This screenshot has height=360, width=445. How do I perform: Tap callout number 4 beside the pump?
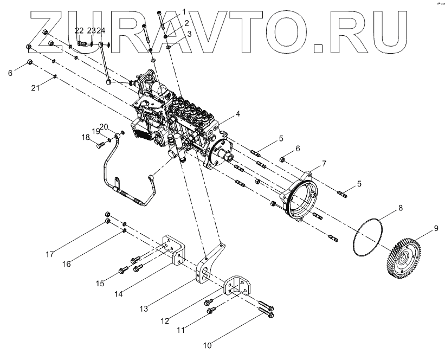click(x=237, y=114)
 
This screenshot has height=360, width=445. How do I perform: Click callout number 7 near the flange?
click(x=323, y=163)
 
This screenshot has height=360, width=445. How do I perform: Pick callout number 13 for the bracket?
click(x=143, y=309)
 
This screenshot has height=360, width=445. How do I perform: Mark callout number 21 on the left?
click(x=35, y=88)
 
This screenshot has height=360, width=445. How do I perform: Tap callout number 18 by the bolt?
click(x=86, y=138)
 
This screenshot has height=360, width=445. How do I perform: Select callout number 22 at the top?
click(x=80, y=30)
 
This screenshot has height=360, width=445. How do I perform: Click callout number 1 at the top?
click(x=184, y=11)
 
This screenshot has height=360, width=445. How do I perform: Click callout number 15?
click(x=100, y=283)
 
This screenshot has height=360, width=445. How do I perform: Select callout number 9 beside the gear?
click(x=435, y=229)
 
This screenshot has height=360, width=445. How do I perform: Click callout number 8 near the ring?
click(x=400, y=208)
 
